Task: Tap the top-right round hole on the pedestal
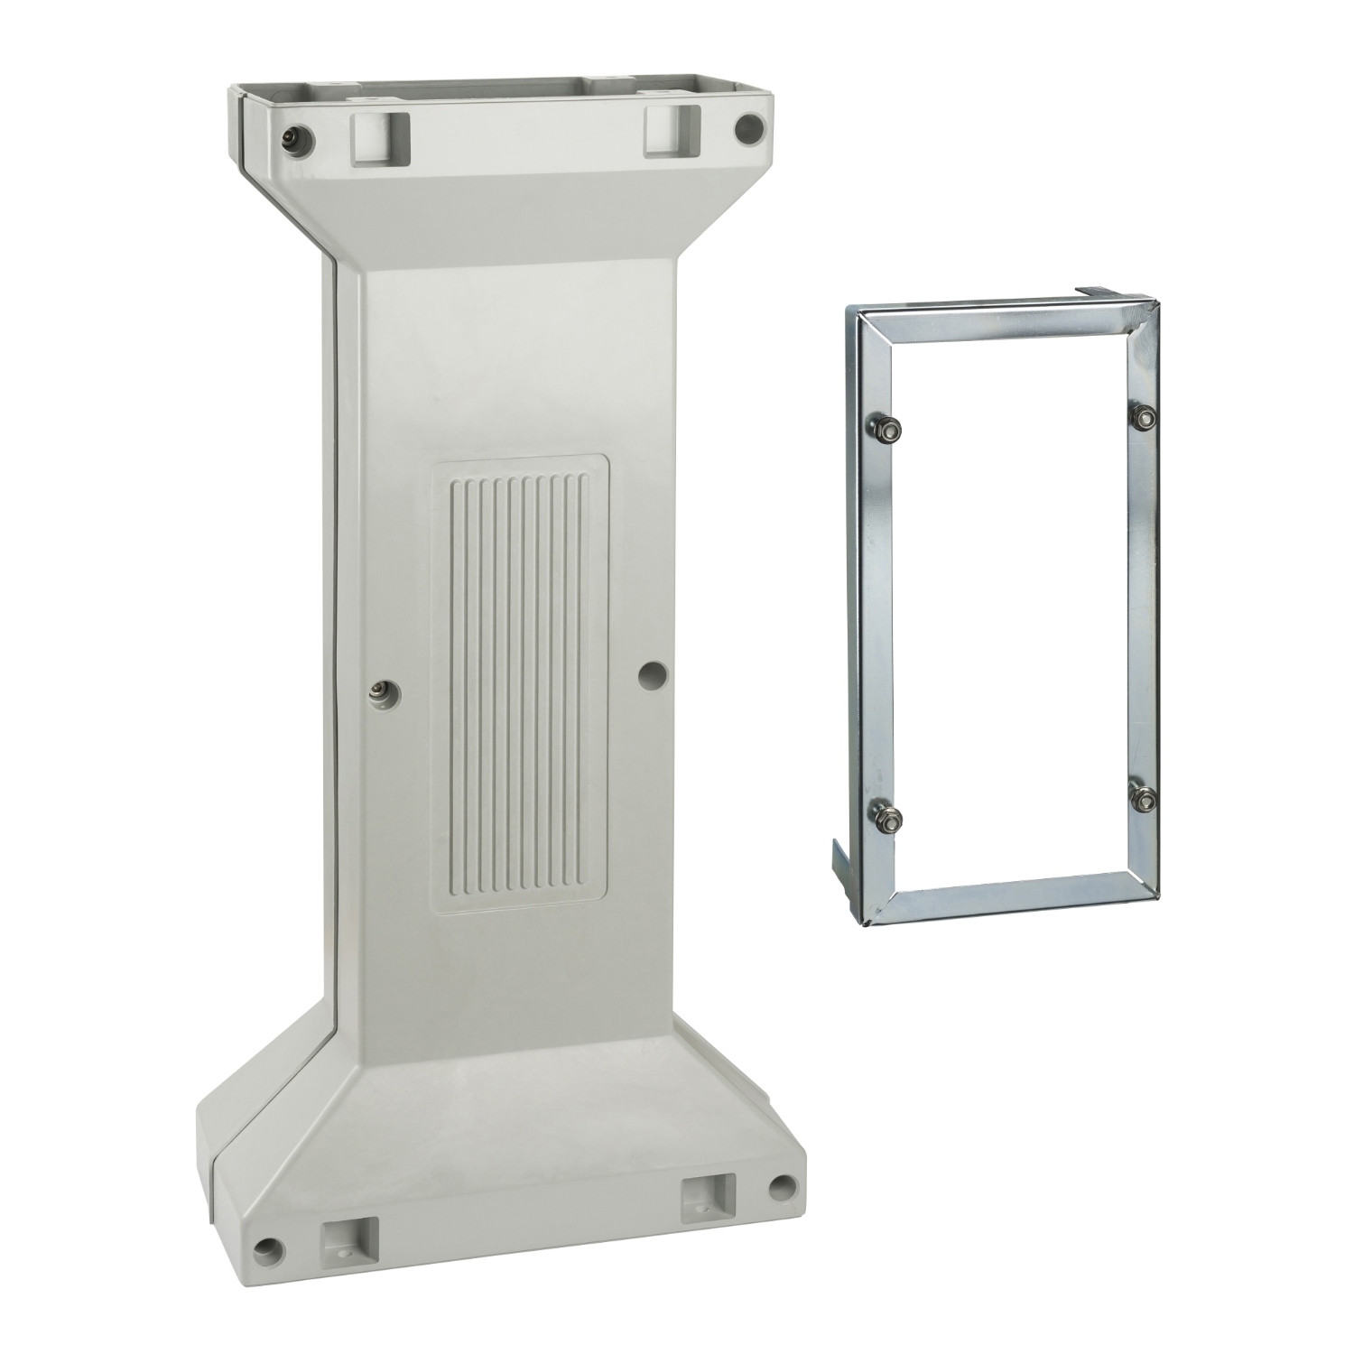click(748, 129)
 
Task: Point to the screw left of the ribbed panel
click(377, 691)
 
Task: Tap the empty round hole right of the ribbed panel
click(653, 672)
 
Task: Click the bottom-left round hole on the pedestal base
click(267, 1248)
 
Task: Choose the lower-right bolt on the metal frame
click(1145, 799)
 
